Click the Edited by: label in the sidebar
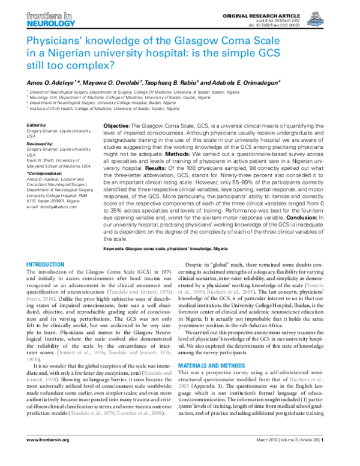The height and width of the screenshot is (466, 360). (37, 124)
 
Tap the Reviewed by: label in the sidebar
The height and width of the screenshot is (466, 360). (40, 144)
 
